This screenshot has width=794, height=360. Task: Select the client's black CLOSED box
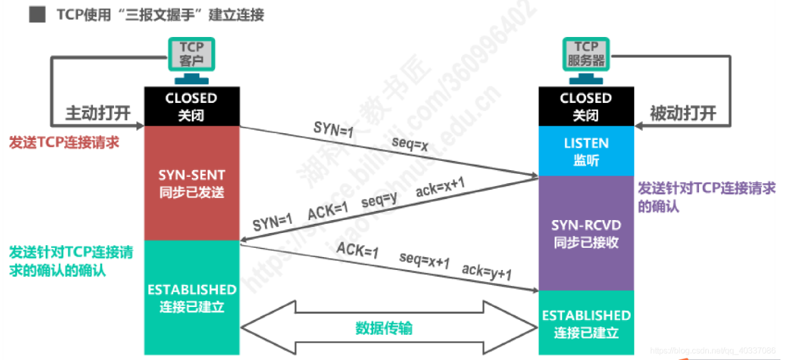click(x=191, y=106)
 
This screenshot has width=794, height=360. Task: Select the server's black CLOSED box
click(x=586, y=106)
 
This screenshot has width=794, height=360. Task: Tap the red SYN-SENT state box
click(x=191, y=183)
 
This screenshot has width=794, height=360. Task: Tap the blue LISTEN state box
click(x=586, y=151)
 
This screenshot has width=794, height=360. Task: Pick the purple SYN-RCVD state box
click(x=586, y=233)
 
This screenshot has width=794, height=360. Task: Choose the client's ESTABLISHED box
click(x=191, y=297)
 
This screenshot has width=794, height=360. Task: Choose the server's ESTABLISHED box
click(x=586, y=324)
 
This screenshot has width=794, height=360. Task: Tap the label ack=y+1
click(x=487, y=272)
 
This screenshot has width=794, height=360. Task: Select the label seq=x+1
click(x=424, y=260)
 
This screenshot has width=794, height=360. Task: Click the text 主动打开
click(x=99, y=113)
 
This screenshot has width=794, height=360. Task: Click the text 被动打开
click(x=683, y=113)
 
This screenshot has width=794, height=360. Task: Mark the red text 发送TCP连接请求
click(x=63, y=142)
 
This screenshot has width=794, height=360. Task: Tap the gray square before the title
click(x=37, y=15)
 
